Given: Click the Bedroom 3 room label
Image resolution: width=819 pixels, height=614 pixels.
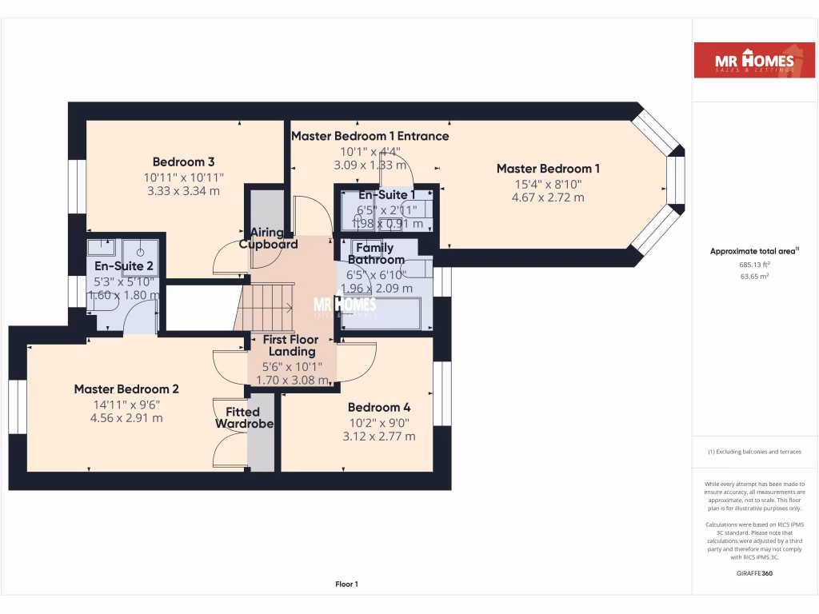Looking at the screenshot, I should click(183, 161).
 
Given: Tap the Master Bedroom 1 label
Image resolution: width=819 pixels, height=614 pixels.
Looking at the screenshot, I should click(548, 169).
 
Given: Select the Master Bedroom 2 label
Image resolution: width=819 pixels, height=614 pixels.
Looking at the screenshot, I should click(126, 389).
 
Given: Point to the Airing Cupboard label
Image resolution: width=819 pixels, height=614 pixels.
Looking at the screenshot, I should click(268, 238).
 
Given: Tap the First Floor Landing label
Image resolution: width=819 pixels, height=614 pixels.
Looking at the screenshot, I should click(291, 345).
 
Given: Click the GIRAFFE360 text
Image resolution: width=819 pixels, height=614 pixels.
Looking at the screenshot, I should click(754, 573).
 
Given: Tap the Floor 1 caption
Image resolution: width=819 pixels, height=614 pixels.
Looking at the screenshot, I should click(346, 584).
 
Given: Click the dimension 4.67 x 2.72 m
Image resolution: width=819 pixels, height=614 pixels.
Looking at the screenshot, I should click(548, 197).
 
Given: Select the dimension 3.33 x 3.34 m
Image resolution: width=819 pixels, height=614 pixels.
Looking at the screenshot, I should click(183, 191).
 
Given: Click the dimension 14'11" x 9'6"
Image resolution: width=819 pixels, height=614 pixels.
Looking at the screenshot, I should click(126, 404).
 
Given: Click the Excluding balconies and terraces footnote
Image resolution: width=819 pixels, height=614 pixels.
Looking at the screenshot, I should click(754, 452).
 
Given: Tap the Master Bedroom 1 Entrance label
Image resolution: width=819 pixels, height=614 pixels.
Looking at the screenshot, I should click(370, 136).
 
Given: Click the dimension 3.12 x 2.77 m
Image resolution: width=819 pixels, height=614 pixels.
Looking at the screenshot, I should click(379, 437).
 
